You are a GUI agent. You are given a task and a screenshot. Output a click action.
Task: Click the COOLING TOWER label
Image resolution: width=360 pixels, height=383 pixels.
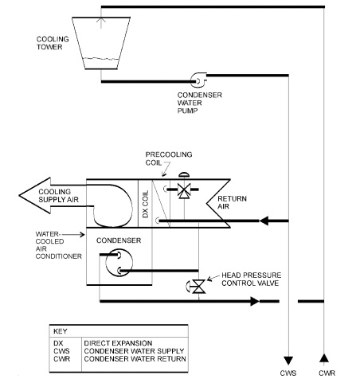coord(53,43)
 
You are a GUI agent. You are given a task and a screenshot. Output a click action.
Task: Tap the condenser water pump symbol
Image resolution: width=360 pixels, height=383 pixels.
coord(198,80)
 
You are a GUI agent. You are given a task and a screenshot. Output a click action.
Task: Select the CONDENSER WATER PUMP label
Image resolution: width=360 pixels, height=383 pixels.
coord(199,103)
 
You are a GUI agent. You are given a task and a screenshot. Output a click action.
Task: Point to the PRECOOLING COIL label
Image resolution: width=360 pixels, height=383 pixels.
coord(169,158)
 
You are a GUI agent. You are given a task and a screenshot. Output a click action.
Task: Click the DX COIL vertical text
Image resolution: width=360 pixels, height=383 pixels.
coord(145,204)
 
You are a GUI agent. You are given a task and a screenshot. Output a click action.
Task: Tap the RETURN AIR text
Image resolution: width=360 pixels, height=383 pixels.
coord(232,202)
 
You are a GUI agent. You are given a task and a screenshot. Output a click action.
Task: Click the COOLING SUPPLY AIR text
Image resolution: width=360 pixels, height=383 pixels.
coord(58,196)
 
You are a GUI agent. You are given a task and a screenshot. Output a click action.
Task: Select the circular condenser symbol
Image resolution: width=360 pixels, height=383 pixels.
coord(119,263)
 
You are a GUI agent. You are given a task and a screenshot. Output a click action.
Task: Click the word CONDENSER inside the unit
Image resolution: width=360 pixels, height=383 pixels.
coord(119,240)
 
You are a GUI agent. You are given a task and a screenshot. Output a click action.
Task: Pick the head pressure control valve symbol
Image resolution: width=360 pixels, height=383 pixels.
coord(196,287)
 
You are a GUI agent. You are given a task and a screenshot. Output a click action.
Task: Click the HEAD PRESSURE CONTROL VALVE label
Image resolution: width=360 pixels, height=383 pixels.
coord(251,279)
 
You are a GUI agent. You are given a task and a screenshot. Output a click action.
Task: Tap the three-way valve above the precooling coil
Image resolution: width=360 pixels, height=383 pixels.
coord(183,190)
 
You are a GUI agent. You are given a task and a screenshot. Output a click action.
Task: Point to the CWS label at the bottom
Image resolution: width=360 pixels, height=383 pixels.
coord(288,373)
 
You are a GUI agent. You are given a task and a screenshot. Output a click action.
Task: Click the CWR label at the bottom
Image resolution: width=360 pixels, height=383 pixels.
coord(327,373)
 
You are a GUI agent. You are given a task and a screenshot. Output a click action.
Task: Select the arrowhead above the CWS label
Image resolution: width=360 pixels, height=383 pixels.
coord(288,361)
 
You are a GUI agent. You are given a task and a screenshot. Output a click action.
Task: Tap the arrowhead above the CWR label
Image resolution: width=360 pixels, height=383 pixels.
coord(324,358)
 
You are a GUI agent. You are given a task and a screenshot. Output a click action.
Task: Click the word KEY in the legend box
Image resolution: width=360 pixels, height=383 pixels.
coord(61,331)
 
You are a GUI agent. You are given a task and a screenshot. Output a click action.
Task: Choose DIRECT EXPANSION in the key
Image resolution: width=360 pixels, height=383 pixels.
coord(118,343)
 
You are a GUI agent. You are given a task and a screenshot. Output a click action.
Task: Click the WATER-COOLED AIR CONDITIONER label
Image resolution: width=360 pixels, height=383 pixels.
coord(59,245)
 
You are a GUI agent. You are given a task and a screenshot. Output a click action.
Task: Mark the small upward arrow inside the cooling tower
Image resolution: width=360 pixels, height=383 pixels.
coord(101,23)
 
